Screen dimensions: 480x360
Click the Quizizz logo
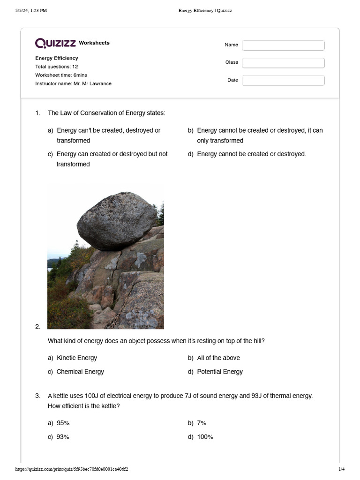56,43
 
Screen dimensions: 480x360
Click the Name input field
283,45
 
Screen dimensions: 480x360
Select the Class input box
283,63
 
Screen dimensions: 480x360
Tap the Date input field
283,81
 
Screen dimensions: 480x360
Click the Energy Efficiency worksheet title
57,58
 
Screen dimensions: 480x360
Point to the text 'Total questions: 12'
56,67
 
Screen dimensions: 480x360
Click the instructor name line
73,83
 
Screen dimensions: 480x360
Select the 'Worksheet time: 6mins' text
61,75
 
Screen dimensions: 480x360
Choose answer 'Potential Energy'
219,372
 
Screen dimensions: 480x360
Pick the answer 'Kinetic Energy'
76,358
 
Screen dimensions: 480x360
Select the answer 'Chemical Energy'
80,372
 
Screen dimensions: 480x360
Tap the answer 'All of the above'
218,358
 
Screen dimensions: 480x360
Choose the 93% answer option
63,437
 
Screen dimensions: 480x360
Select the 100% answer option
205,437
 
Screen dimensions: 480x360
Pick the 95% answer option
63,423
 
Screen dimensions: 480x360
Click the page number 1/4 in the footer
341,469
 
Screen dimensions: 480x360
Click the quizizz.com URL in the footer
72,469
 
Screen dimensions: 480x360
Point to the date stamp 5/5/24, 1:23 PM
31,11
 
